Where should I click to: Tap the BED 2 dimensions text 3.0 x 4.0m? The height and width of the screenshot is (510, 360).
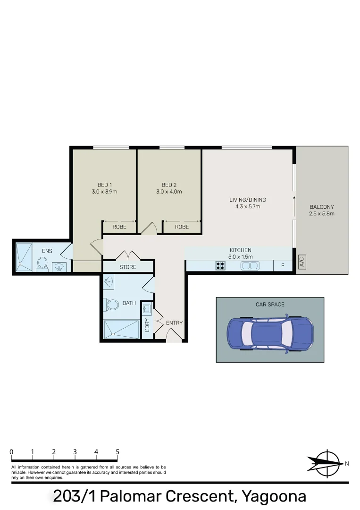pyautogui.click(x=169, y=192)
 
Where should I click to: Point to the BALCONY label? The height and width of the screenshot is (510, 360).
pyautogui.click(x=322, y=207)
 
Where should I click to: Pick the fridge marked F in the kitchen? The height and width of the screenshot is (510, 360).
pyautogui.click(x=283, y=266)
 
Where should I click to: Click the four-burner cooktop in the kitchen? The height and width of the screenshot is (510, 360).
pyautogui.click(x=220, y=265)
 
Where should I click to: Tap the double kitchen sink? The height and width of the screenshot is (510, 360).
pyautogui.click(x=250, y=265)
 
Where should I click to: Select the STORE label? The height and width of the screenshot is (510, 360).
pyautogui.click(x=127, y=267)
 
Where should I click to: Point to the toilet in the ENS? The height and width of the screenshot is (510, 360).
pyautogui.click(x=42, y=263)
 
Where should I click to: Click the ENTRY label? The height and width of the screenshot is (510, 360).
pyautogui.click(x=174, y=323)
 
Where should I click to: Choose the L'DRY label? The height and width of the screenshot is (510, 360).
pyautogui.click(x=147, y=325)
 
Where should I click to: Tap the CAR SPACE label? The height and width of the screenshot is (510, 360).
pyautogui.click(x=270, y=305)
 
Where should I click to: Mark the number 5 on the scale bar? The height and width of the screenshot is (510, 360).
pyautogui.click(x=117, y=452)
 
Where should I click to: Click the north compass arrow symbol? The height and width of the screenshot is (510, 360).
pyautogui.click(x=325, y=462)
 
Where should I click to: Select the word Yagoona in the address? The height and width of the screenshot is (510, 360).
pyautogui.click(x=274, y=496)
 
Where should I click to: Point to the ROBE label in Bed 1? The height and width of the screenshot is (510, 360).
pyautogui.click(x=119, y=227)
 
